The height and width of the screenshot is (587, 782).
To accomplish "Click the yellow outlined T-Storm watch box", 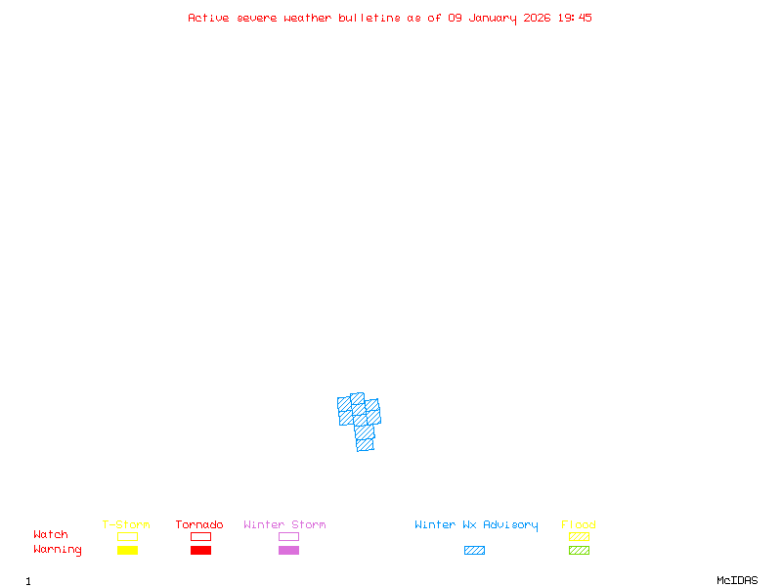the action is click(x=127, y=536).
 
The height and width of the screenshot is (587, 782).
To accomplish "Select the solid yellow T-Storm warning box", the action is click(x=127, y=550).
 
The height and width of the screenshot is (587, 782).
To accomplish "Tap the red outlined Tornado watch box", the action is click(x=200, y=536).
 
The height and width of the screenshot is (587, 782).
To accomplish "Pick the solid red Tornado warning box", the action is click(x=200, y=550).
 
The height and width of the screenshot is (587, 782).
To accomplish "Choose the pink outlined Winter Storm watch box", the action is click(x=288, y=536).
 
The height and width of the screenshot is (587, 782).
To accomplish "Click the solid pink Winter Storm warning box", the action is click(x=288, y=550).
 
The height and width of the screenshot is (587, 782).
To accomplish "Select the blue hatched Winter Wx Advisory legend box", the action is click(x=474, y=550).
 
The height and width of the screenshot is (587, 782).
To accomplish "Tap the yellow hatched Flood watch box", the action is click(x=579, y=536).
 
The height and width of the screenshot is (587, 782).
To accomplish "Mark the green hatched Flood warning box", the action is click(x=579, y=550).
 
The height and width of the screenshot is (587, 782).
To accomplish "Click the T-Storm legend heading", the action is click(x=126, y=524).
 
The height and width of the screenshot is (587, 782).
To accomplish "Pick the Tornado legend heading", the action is click(x=199, y=524).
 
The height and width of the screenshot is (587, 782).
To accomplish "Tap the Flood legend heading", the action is click(x=579, y=524).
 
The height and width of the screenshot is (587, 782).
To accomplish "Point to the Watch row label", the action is click(x=51, y=535).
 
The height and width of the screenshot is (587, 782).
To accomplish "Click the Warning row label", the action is click(x=58, y=550).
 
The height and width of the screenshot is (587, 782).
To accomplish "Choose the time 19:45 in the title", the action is click(x=575, y=18).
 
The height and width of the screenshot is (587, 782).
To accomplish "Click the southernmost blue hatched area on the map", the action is click(x=365, y=444).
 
